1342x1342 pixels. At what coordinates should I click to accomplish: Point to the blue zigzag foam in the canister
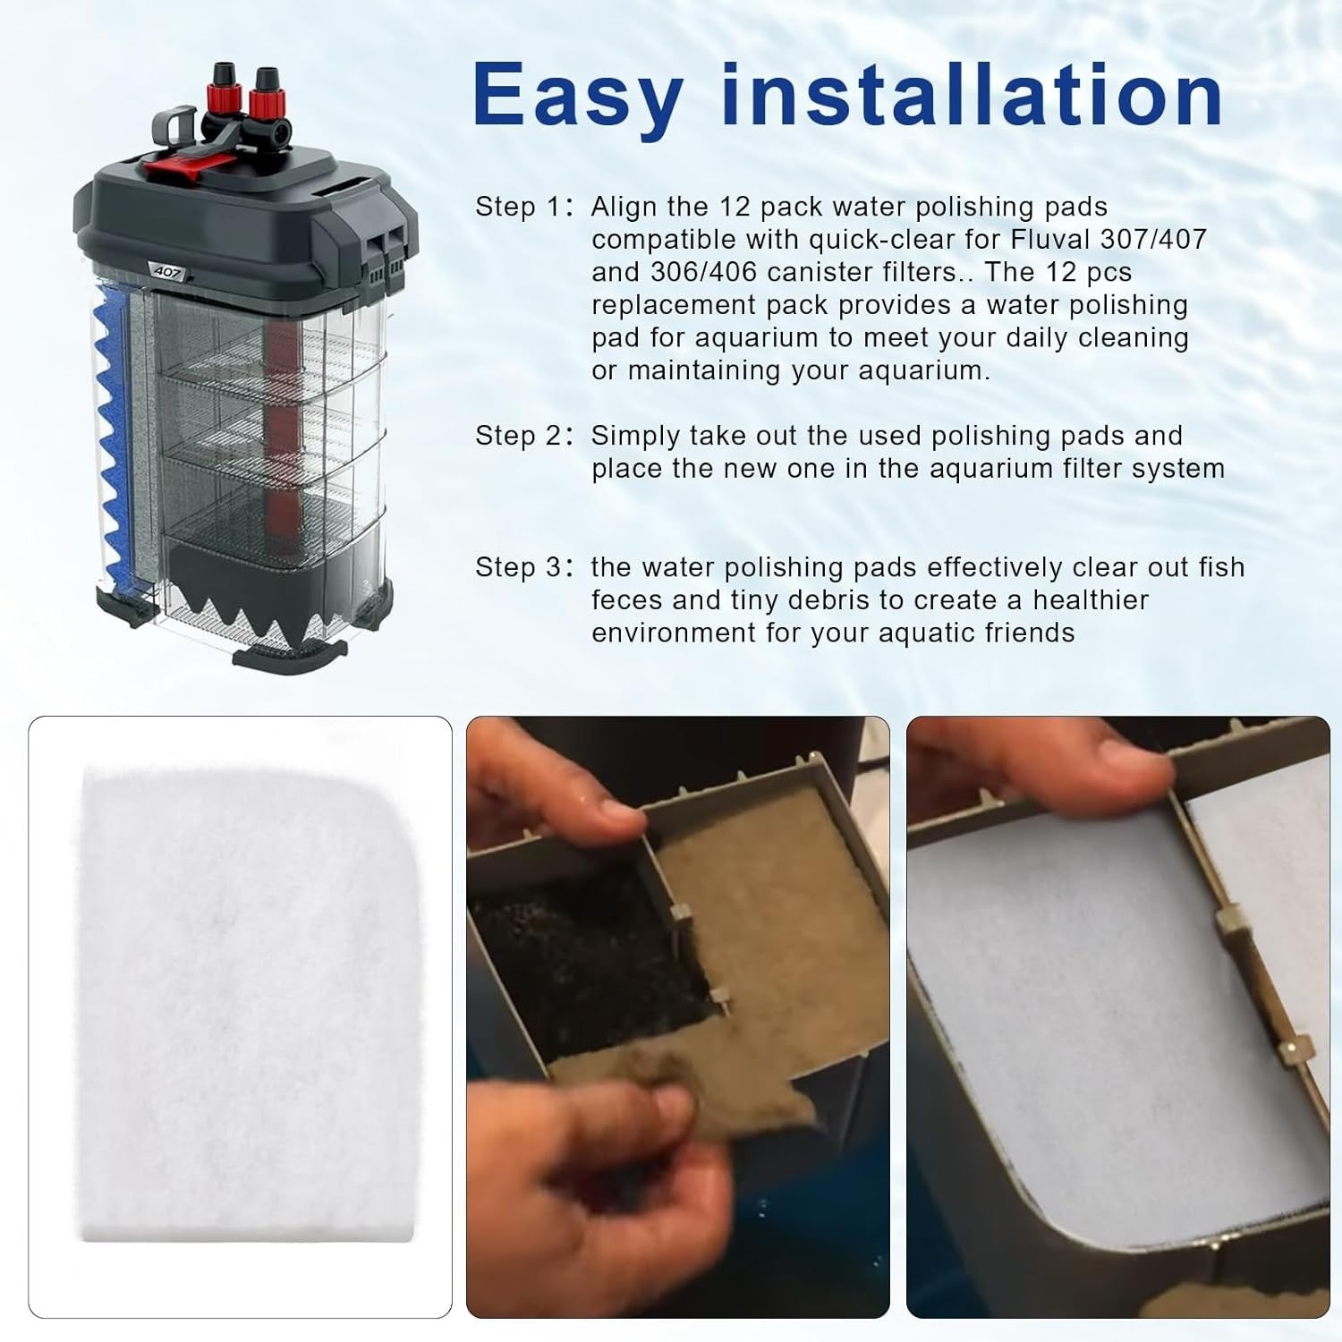(x=113, y=438)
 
